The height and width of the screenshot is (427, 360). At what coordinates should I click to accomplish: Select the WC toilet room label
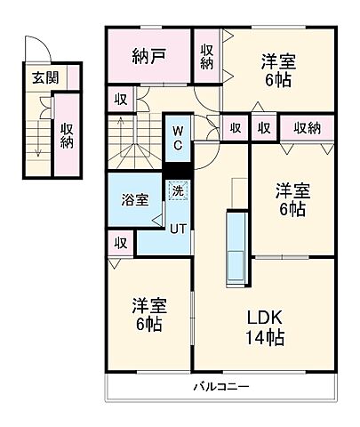pyautogui.click(x=178, y=139)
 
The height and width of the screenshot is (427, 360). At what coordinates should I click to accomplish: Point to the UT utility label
pyautogui.click(x=179, y=228)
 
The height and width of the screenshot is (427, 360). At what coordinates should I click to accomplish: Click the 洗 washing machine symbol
pyautogui.click(x=179, y=189)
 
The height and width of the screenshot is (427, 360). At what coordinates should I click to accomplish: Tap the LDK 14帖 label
pyautogui.click(x=265, y=327)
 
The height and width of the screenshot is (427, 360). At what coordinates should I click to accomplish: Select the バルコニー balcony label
pyautogui.click(x=222, y=387)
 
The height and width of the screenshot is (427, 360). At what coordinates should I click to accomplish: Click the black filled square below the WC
pyautogui.click(x=178, y=172)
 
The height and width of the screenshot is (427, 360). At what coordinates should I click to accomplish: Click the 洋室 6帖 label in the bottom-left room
pyautogui.click(x=148, y=314)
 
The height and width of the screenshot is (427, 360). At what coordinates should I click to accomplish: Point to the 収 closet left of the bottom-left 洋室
pyautogui.click(x=120, y=242)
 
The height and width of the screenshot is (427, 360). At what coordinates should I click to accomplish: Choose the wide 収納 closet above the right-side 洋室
pyautogui.click(x=307, y=127)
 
